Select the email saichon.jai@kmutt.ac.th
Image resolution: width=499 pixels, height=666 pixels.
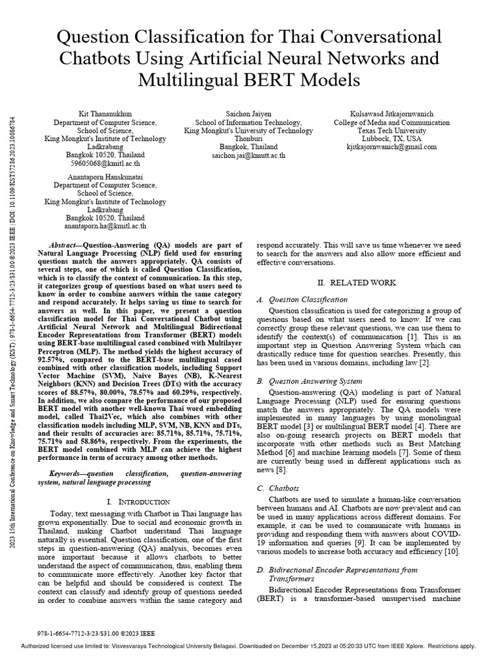coord(249,155)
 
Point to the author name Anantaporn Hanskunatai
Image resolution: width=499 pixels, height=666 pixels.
coord(95,176)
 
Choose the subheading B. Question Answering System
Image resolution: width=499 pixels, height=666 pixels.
coord(309,381)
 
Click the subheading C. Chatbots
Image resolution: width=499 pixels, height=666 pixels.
coord(277,487)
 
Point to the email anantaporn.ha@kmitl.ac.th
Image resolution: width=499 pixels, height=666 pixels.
coord(96,226)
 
